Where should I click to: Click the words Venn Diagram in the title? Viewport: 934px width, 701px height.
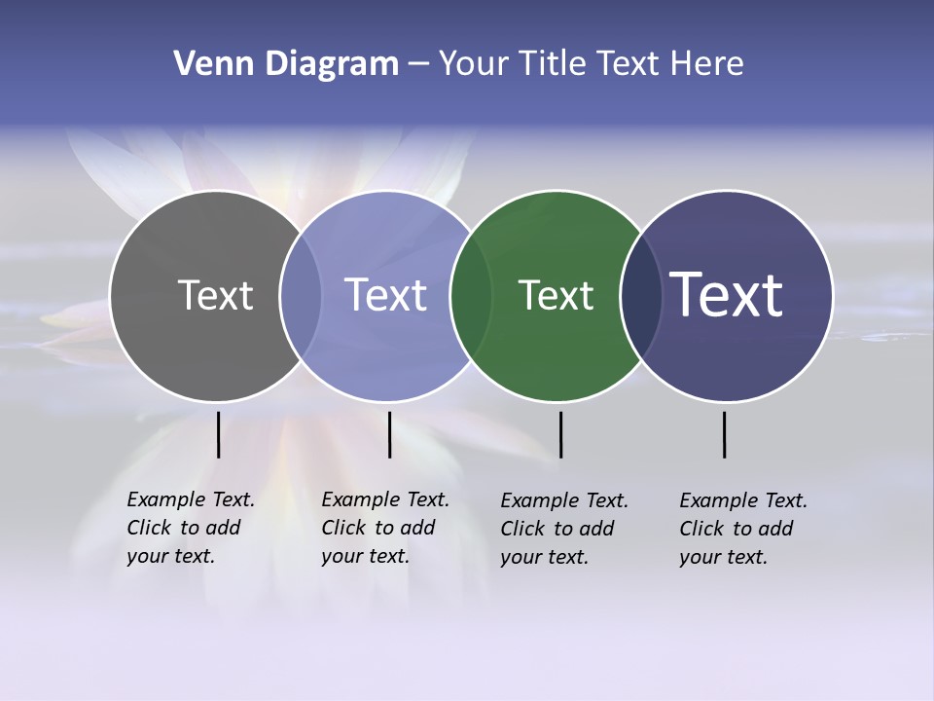(x=286, y=64)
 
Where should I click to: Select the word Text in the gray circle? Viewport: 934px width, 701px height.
(x=215, y=295)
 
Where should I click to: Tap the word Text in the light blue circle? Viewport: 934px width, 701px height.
(x=386, y=295)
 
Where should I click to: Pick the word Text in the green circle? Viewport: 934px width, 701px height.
(x=556, y=295)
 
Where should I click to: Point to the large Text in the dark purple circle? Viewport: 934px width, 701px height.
(x=727, y=295)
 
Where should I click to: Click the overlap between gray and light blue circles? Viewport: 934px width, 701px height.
(x=301, y=295)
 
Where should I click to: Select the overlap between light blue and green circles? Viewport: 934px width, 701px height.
(x=471, y=295)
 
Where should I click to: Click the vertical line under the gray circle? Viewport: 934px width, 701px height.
(x=219, y=434)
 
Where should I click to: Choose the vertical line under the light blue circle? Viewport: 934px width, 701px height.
(x=389, y=434)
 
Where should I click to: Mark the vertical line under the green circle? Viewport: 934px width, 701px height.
(x=560, y=434)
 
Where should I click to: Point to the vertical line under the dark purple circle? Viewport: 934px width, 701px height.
(x=725, y=434)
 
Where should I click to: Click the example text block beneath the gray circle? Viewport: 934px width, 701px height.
(x=191, y=528)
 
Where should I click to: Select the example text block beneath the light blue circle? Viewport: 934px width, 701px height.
(x=385, y=528)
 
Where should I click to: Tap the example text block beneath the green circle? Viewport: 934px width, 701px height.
(x=564, y=529)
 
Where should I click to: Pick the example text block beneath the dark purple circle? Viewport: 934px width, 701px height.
(x=743, y=529)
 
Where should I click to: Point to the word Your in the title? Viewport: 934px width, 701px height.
(x=474, y=64)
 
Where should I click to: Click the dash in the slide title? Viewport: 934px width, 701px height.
(x=417, y=64)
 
